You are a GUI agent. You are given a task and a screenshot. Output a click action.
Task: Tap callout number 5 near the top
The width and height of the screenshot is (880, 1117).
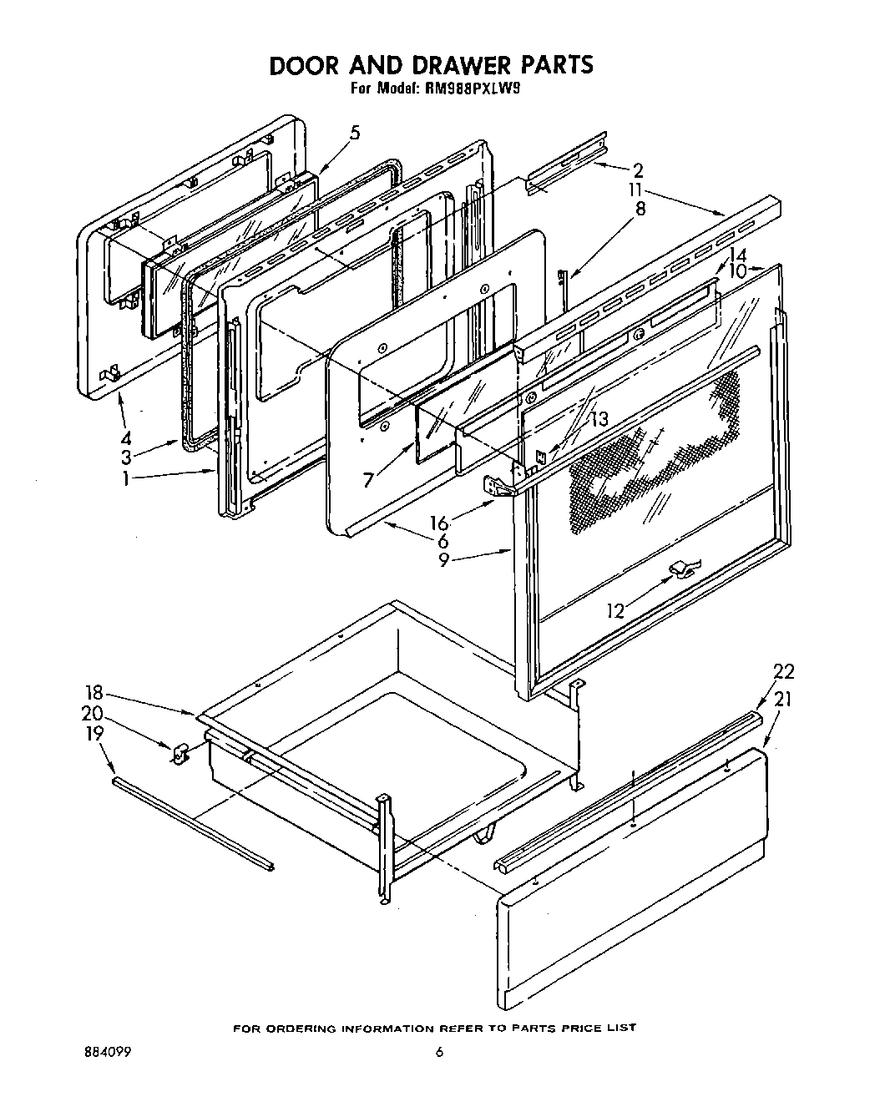355,133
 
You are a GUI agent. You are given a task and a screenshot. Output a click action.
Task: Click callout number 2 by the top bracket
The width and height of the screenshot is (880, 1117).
638,172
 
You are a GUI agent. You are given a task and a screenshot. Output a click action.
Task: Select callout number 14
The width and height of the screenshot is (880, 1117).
737,255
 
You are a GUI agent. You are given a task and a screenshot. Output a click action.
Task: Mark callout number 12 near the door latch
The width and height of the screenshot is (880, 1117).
616,610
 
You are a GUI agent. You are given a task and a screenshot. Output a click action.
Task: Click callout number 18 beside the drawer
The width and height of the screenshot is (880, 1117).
94,692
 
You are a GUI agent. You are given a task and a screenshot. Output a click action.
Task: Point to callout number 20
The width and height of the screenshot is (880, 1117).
94,713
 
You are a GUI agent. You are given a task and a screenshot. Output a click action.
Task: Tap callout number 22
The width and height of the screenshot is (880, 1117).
783,670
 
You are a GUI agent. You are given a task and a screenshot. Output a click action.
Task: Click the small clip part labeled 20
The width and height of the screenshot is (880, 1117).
178,753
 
